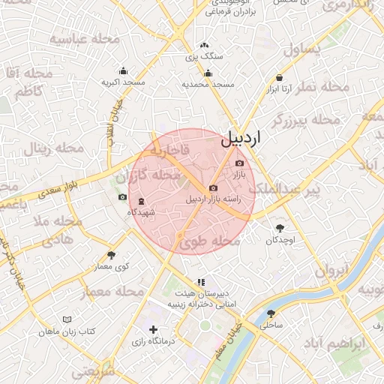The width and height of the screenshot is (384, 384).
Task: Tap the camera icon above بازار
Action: [239, 163]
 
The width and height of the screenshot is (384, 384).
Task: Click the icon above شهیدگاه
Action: [141, 201]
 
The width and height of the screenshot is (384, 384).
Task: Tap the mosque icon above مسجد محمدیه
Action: [208, 73]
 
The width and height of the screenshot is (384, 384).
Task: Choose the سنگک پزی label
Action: [204, 56]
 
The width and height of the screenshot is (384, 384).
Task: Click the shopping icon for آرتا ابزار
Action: [279, 77]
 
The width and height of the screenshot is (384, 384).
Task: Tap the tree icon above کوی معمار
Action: [112, 255]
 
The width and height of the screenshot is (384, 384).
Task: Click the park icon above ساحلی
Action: [271, 313]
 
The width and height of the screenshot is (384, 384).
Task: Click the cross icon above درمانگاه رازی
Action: [154, 329]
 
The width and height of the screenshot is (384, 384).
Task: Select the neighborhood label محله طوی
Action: [202, 241]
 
